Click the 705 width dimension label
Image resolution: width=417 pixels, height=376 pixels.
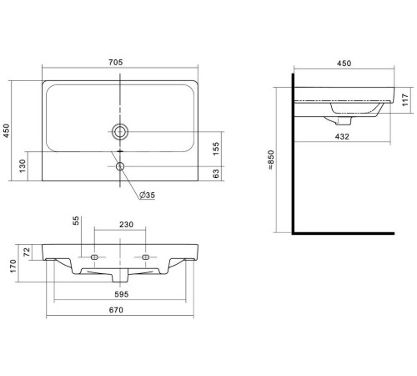(x=115, y=62)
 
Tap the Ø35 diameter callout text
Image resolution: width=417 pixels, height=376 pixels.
(x=147, y=195)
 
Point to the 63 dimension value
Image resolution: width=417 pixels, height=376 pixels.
(x=216, y=174)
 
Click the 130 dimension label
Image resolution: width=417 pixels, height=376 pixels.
(x=23, y=166)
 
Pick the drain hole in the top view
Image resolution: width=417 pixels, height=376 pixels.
(x=120, y=131)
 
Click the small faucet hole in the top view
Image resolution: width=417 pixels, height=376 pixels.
(x=120, y=166)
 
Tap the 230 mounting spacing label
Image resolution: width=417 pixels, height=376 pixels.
(x=127, y=224)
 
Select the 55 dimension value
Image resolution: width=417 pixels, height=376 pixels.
(x=76, y=221)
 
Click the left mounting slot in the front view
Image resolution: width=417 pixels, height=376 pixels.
(x=94, y=257)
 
